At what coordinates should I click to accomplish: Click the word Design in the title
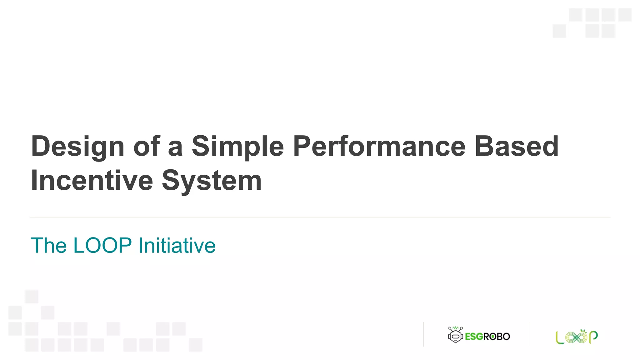coord(78,146)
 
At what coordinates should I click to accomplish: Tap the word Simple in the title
coord(237,146)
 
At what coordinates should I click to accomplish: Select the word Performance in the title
coord(379,146)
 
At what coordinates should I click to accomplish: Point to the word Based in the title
coord(516,146)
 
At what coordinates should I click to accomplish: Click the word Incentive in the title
coord(92,180)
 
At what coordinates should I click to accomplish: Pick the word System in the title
coord(212,180)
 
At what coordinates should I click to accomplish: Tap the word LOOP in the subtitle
coord(102,245)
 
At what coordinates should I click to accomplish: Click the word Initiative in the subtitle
coord(177,245)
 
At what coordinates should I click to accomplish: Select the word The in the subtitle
coord(48,245)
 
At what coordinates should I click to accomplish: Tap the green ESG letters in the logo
coord(474,337)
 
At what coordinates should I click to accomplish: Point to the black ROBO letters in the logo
coord(497,337)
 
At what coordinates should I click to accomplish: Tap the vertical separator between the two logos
coord(529,334)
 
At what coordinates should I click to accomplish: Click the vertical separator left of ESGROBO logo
coord(423,334)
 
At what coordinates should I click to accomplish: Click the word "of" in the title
coord(147,146)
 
